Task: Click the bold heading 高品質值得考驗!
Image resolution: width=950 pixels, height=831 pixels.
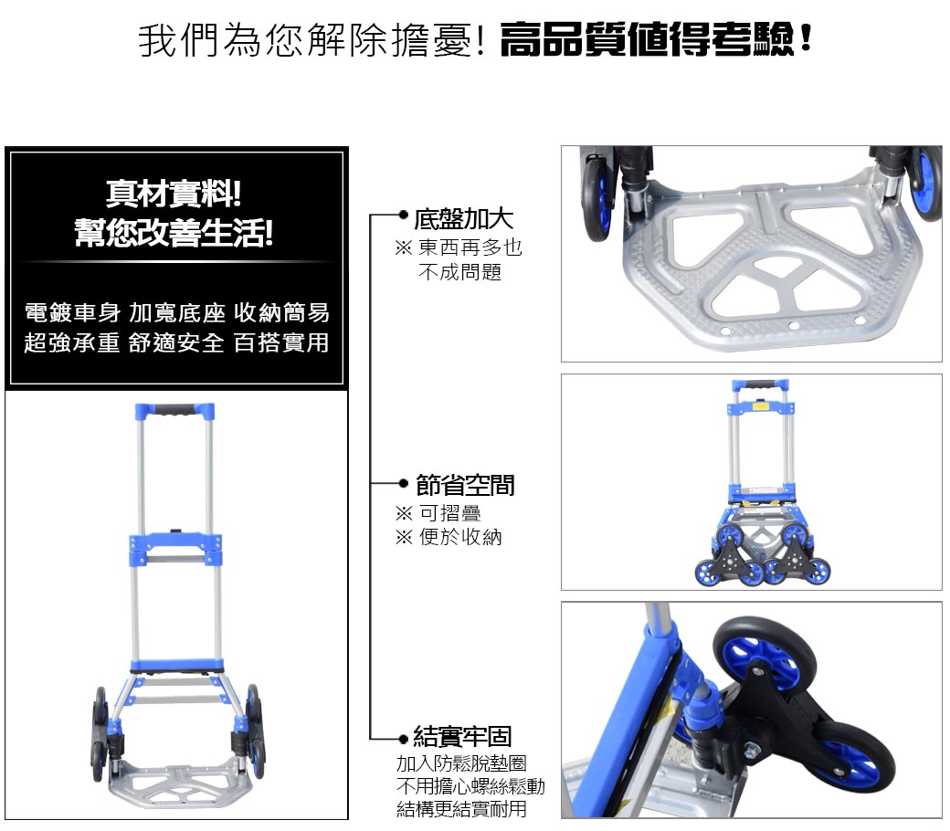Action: [x=656, y=40]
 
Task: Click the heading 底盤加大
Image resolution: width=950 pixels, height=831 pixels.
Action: [x=463, y=219]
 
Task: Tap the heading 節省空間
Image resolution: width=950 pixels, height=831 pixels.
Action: [x=465, y=485]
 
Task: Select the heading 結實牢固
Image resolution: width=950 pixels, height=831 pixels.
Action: [x=462, y=737]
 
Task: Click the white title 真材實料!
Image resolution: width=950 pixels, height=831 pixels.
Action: [x=174, y=194]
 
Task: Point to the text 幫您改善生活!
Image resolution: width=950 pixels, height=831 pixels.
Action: [x=174, y=233]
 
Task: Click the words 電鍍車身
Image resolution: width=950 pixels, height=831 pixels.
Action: [x=72, y=313]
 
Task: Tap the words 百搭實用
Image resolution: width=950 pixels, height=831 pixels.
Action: [x=281, y=342]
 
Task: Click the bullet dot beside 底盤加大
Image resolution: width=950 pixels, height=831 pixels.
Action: [x=403, y=215]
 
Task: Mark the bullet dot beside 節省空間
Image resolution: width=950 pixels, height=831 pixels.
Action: [x=403, y=483]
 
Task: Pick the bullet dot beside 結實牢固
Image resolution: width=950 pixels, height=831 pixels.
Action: [x=403, y=739]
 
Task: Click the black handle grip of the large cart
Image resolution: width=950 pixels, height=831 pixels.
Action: [x=174, y=411]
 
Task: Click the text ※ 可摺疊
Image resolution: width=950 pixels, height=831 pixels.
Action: [x=438, y=513]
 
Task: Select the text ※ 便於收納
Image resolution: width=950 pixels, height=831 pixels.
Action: [x=449, y=537]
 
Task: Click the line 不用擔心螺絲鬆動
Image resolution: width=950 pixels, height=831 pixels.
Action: [x=470, y=786]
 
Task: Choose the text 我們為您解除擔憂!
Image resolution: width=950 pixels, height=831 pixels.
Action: [x=312, y=40]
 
